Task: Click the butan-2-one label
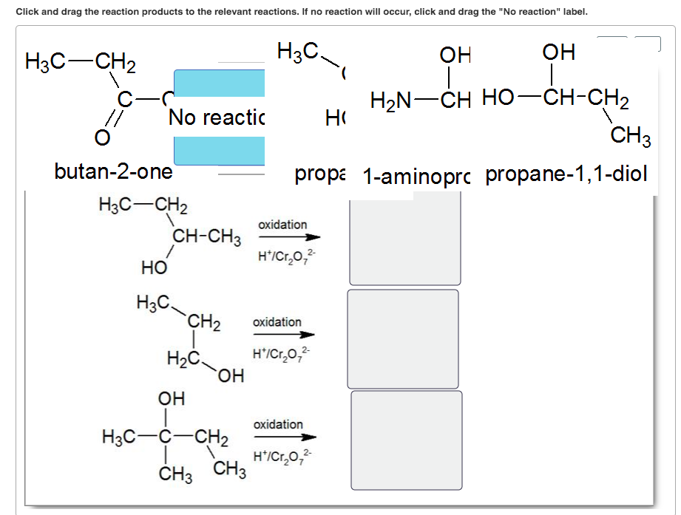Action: click(x=113, y=172)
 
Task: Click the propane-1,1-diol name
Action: click(x=566, y=174)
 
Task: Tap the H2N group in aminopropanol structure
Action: click(x=393, y=99)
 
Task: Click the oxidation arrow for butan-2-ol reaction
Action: click(x=289, y=237)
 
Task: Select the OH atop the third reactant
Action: click(x=172, y=399)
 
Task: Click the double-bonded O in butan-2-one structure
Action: click(x=103, y=139)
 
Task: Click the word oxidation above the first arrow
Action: click(x=282, y=225)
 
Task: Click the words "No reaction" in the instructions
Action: click(x=526, y=12)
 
